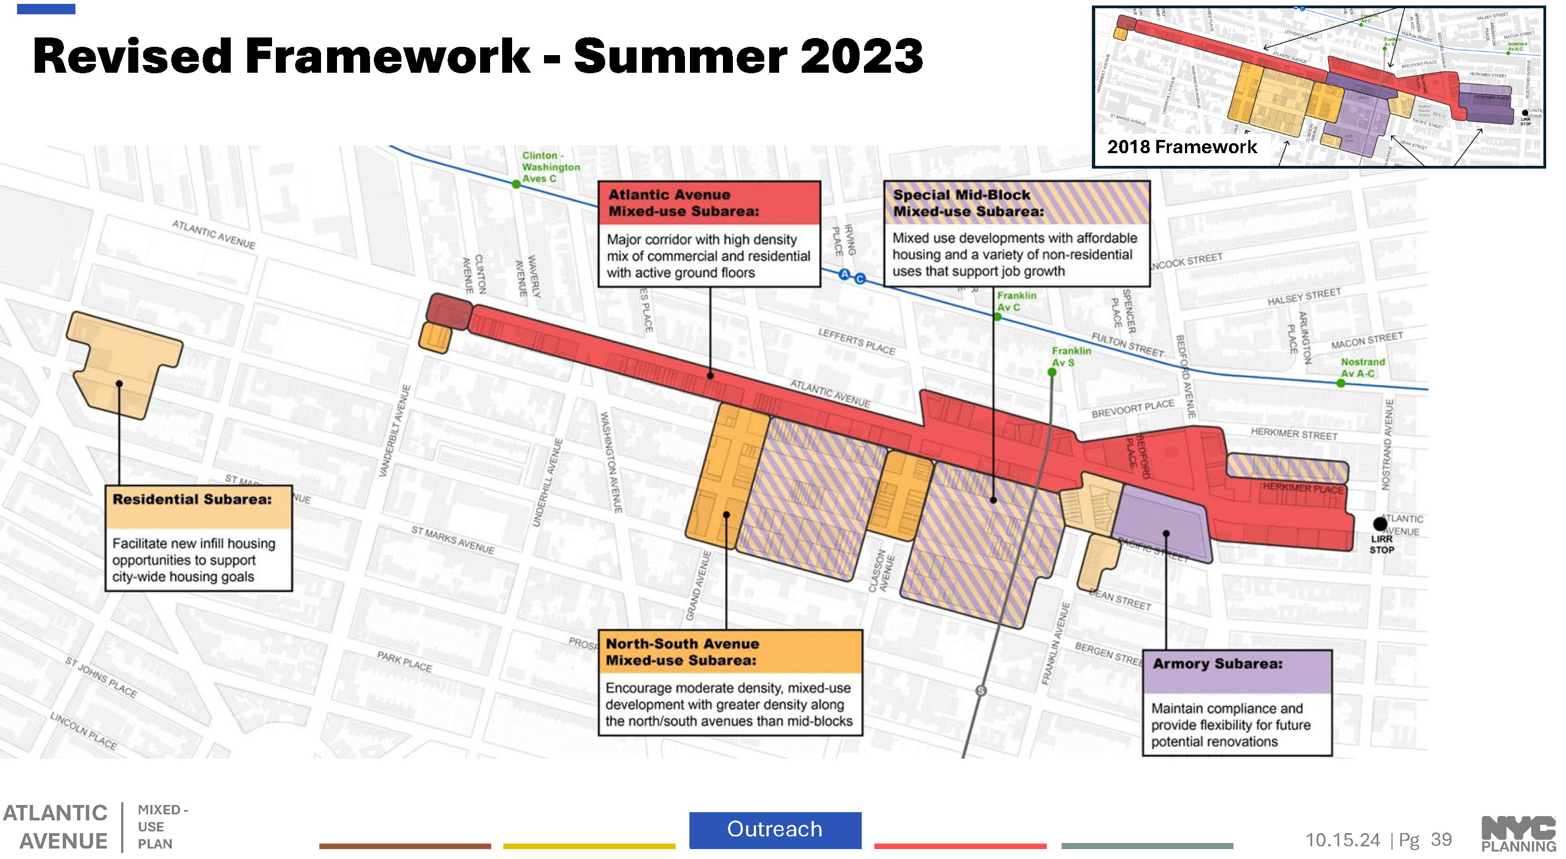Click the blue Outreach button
[775, 829]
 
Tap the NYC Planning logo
[1518, 834]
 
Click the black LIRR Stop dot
[1380, 523]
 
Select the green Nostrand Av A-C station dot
[1340, 383]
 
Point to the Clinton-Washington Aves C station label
[550, 167]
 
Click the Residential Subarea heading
[192, 499]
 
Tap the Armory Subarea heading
[1217, 664]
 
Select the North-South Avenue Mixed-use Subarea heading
[682, 651]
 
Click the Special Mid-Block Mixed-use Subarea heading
[968, 203]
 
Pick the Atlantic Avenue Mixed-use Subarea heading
[683, 203]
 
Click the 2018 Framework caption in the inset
[1181, 147]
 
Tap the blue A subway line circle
[844, 274]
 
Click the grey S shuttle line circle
[981, 690]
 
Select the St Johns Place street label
[101, 677]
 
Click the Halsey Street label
[1303, 297]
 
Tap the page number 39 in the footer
[1441, 840]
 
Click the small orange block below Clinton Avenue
[435, 338]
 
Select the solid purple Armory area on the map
[1161, 523]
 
